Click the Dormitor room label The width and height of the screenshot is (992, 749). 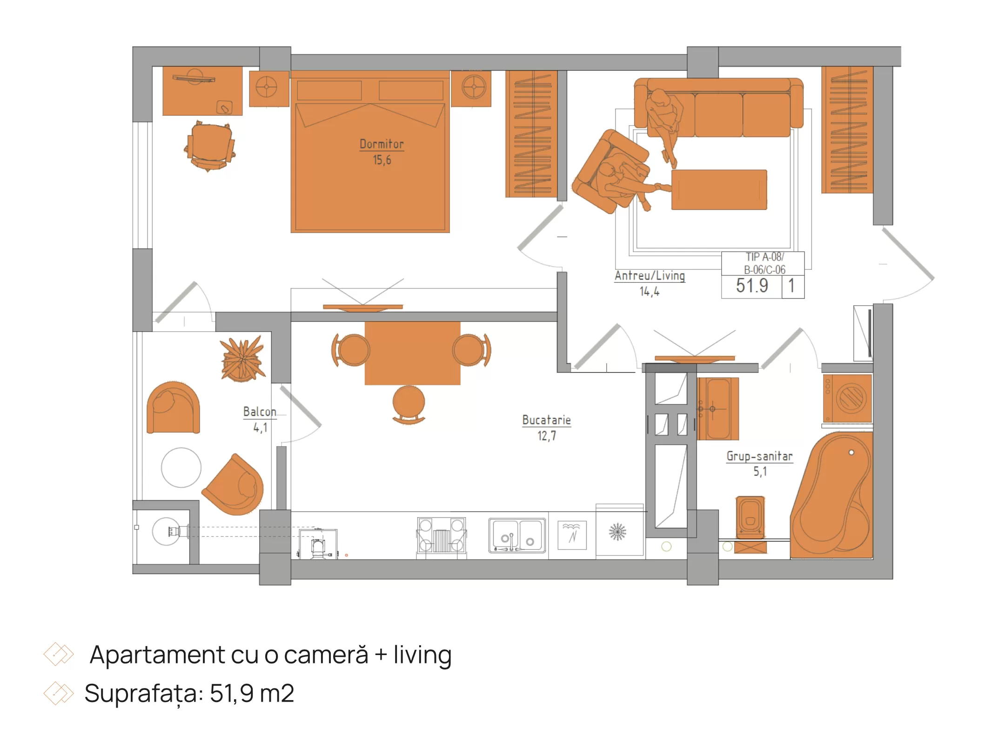pyautogui.click(x=382, y=144)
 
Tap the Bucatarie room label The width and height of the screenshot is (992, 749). pyautogui.click(x=546, y=420)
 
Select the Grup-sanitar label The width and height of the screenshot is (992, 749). pyautogui.click(x=759, y=456)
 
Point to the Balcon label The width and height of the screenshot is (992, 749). pyautogui.click(x=260, y=412)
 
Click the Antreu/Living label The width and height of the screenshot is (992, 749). pyautogui.click(x=650, y=275)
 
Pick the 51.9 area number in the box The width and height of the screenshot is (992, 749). pyautogui.click(x=752, y=286)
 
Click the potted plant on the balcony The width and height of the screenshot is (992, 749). pyautogui.click(x=242, y=359)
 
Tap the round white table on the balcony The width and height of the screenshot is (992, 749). pyautogui.click(x=181, y=468)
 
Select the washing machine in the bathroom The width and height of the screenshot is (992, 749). pyautogui.click(x=847, y=398)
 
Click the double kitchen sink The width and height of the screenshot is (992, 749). pyautogui.click(x=517, y=535)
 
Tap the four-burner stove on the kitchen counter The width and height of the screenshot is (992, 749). pyautogui.click(x=441, y=535)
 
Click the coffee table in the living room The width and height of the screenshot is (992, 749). pyautogui.click(x=719, y=190)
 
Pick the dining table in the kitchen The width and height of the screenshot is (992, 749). pyautogui.click(x=412, y=353)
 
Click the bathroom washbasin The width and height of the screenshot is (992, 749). pyautogui.click(x=717, y=409)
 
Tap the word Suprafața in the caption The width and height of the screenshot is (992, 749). pyautogui.click(x=144, y=694)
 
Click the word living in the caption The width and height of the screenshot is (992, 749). pyautogui.click(x=422, y=655)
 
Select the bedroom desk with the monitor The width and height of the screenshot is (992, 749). pyautogui.click(x=202, y=91)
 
